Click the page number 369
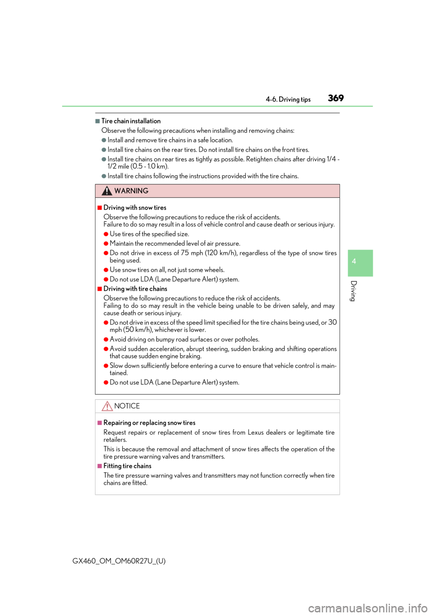(336, 98)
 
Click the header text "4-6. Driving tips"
(288, 99)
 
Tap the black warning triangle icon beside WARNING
(106, 191)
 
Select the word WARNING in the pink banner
(131, 191)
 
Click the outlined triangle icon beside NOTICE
(107, 406)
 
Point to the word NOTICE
(127, 406)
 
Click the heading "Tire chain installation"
(131, 121)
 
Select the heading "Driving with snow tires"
(135, 208)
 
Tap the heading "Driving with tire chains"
(135, 289)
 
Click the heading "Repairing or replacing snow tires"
(150, 423)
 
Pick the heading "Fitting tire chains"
(127, 466)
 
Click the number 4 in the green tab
(354, 261)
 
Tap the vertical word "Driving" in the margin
(353, 291)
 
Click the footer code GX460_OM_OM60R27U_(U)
(119, 561)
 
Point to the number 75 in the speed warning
(185, 253)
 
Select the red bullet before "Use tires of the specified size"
(106, 235)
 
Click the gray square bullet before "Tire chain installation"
(97, 121)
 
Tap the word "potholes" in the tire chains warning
(247, 339)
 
